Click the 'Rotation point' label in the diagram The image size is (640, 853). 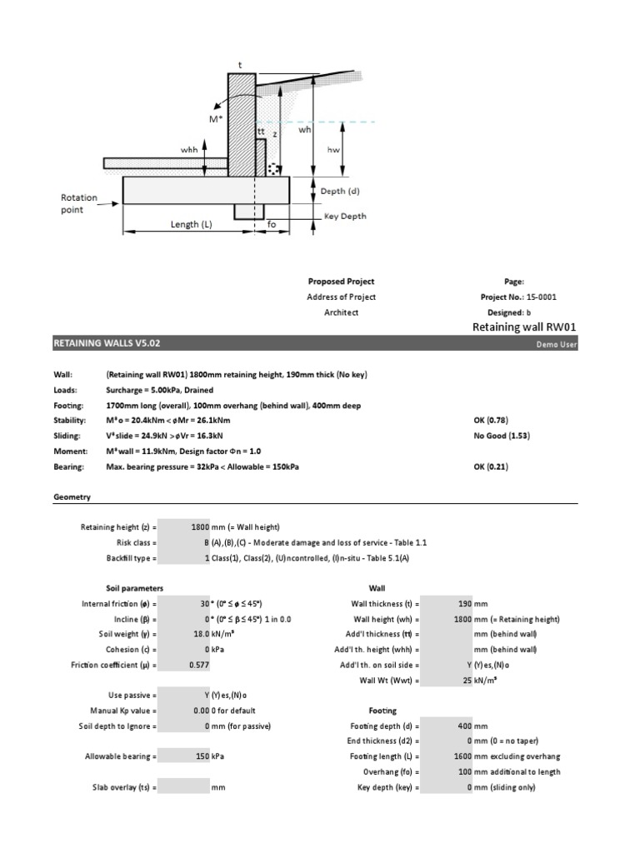click(x=78, y=203)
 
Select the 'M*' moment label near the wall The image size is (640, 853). click(x=217, y=120)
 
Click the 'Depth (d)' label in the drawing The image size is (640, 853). click(x=340, y=191)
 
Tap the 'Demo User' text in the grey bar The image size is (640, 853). click(x=556, y=343)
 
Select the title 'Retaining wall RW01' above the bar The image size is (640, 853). click(x=525, y=327)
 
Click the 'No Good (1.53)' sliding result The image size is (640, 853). click(x=502, y=436)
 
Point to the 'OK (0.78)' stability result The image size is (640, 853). click(x=491, y=420)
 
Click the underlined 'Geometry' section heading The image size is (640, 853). click(x=72, y=496)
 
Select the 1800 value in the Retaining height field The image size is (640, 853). click(x=202, y=527)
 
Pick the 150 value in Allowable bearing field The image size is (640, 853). click(x=202, y=756)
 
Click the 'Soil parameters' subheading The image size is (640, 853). click(x=134, y=587)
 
